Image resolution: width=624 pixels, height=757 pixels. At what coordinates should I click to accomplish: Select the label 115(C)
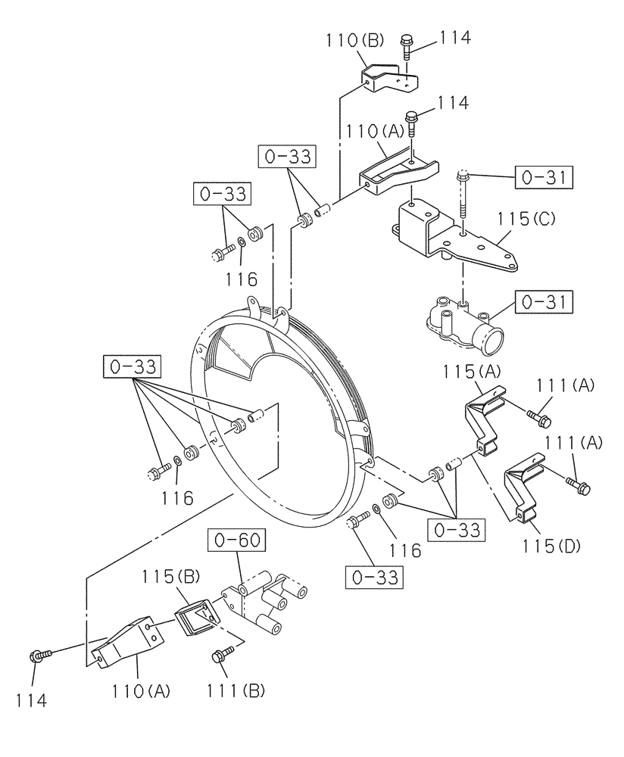pos(526,220)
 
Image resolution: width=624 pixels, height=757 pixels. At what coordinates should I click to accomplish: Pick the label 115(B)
pos(170,577)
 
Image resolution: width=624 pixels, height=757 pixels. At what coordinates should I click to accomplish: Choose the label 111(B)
pos(233,690)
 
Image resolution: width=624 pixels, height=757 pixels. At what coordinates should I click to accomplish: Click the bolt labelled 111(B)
pos(222,655)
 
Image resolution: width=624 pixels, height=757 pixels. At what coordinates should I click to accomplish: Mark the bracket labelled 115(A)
pos(485,420)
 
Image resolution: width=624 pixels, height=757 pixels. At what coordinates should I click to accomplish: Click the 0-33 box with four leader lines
pos(133,368)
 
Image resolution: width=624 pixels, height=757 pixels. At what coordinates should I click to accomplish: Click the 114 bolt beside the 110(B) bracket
pos(407,47)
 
